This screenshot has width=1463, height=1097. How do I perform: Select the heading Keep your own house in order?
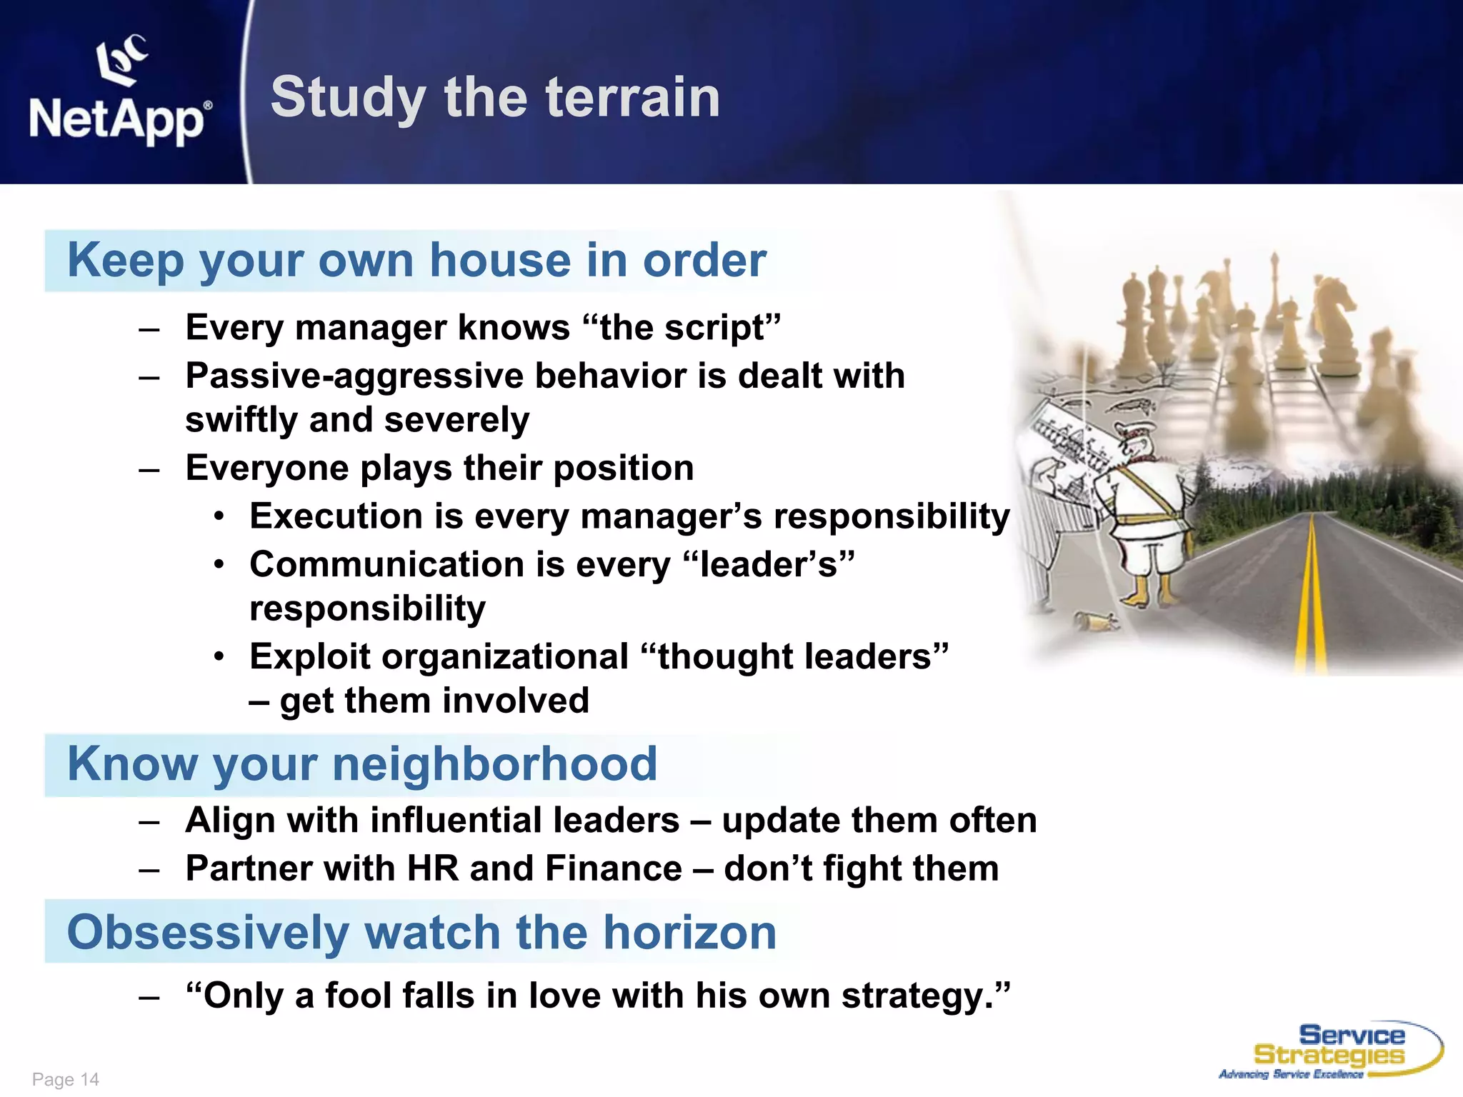pyautogui.click(x=416, y=260)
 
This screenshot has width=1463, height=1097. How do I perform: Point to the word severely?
pyautogui.click(x=456, y=420)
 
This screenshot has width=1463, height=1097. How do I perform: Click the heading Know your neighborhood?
pyautogui.click(x=362, y=764)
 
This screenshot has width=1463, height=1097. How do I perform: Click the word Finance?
pyautogui.click(x=613, y=869)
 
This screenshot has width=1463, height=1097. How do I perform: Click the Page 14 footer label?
pyautogui.click(x=66, y=1079)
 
